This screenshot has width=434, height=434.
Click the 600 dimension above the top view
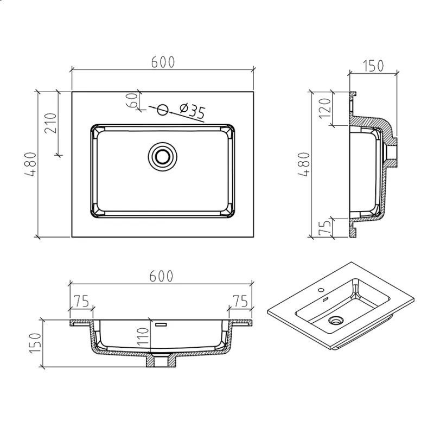point(163,62)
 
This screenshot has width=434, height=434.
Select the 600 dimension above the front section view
point(161,276)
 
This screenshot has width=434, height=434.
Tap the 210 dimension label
point(51,123)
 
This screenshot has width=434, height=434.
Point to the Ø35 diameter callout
point(192,111)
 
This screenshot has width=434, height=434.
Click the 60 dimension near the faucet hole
point(132,100)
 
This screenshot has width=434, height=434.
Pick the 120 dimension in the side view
point(324,108)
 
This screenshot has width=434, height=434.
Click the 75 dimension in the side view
point(325,227)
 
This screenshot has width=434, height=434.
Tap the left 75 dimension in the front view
point(81,301)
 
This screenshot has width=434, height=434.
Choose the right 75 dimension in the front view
point(240,301)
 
